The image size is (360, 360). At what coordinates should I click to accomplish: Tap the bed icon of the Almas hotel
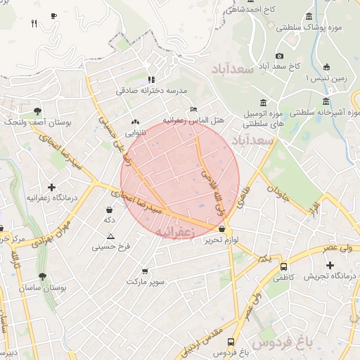click(193, 109)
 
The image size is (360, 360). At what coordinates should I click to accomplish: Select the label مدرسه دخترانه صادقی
click(151, 91)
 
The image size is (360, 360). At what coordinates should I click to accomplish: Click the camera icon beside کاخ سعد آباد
click(280, 56)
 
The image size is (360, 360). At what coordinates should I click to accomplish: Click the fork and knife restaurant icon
click(34, 23)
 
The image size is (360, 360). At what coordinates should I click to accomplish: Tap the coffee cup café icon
click(54, 15)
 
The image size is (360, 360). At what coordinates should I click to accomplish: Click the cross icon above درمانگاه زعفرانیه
click(51, 187)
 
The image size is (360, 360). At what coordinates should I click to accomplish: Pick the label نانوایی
click(135, 132)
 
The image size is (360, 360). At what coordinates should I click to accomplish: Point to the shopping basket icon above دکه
click(109, 210)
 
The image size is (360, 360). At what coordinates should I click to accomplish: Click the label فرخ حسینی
click(111, 247)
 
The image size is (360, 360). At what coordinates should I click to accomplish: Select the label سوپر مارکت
click(146, 281)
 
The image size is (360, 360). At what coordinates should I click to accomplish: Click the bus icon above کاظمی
click(283, 267)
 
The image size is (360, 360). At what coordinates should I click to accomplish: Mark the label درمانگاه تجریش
click(328, 276)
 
